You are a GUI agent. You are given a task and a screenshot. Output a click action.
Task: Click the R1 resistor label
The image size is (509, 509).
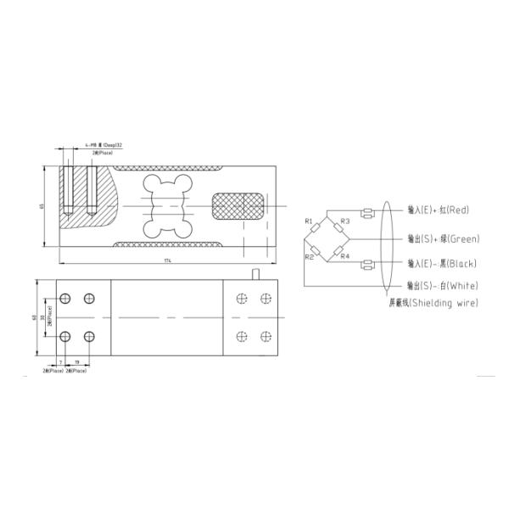point(310,222)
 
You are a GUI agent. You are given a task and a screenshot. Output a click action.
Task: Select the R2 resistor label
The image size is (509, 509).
point(310,255)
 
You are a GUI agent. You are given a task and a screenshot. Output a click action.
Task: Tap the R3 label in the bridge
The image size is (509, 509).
point(344,222)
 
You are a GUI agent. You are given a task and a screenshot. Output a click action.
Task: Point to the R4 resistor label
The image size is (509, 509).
point(344,255)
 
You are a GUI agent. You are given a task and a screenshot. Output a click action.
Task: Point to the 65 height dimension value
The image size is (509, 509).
point(42,206)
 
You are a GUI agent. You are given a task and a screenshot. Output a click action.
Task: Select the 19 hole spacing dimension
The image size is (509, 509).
point(77,362)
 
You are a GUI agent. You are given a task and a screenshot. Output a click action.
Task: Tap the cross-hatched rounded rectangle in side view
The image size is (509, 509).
point(238,205)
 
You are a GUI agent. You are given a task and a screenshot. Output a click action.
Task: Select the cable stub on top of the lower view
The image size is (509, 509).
point(257,273)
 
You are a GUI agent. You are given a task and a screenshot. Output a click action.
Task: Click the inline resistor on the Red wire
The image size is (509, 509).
point(367,212)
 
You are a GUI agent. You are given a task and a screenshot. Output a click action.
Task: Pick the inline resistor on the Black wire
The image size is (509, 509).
point(367,265)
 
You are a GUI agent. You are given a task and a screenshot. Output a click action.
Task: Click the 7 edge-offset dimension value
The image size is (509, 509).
point(61,362)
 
